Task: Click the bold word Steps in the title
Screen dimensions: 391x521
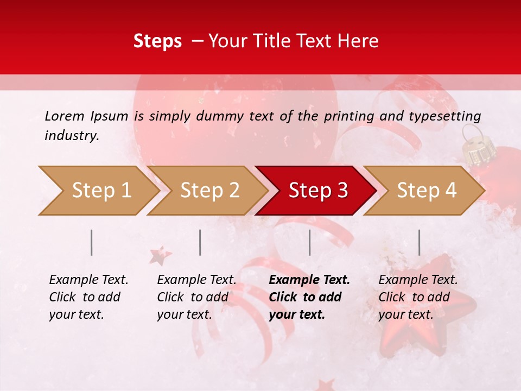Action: (x=157, y=41)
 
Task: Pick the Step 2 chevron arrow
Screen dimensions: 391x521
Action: (x=209, y=191)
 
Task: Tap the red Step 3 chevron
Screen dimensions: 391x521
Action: (x=318, y=191)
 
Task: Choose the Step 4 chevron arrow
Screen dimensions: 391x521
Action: (x=427, y=191)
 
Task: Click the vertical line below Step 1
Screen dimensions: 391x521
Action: (x=92, y=242)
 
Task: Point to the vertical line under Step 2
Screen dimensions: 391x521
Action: (x=200, y=242)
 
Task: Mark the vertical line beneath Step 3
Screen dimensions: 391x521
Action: (x=309, y=242)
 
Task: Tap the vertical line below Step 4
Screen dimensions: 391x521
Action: (x=420, y=242)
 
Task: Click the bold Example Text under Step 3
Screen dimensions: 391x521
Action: (x=309, y=280)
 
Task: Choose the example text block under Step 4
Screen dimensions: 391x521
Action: (x=418, y=297)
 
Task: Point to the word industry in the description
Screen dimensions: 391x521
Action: (x=72, y=136)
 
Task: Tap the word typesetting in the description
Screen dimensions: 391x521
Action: (x=444, y=116)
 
